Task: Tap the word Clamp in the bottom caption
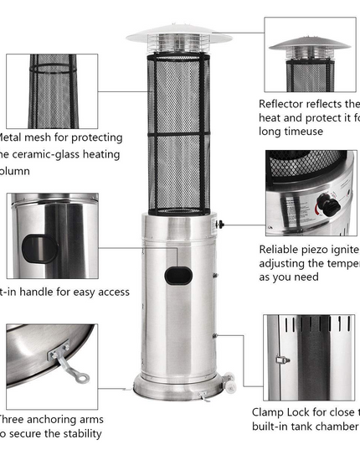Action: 273,412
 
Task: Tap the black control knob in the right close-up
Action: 332,206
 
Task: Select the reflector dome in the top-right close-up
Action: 308,43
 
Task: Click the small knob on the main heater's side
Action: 219,224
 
